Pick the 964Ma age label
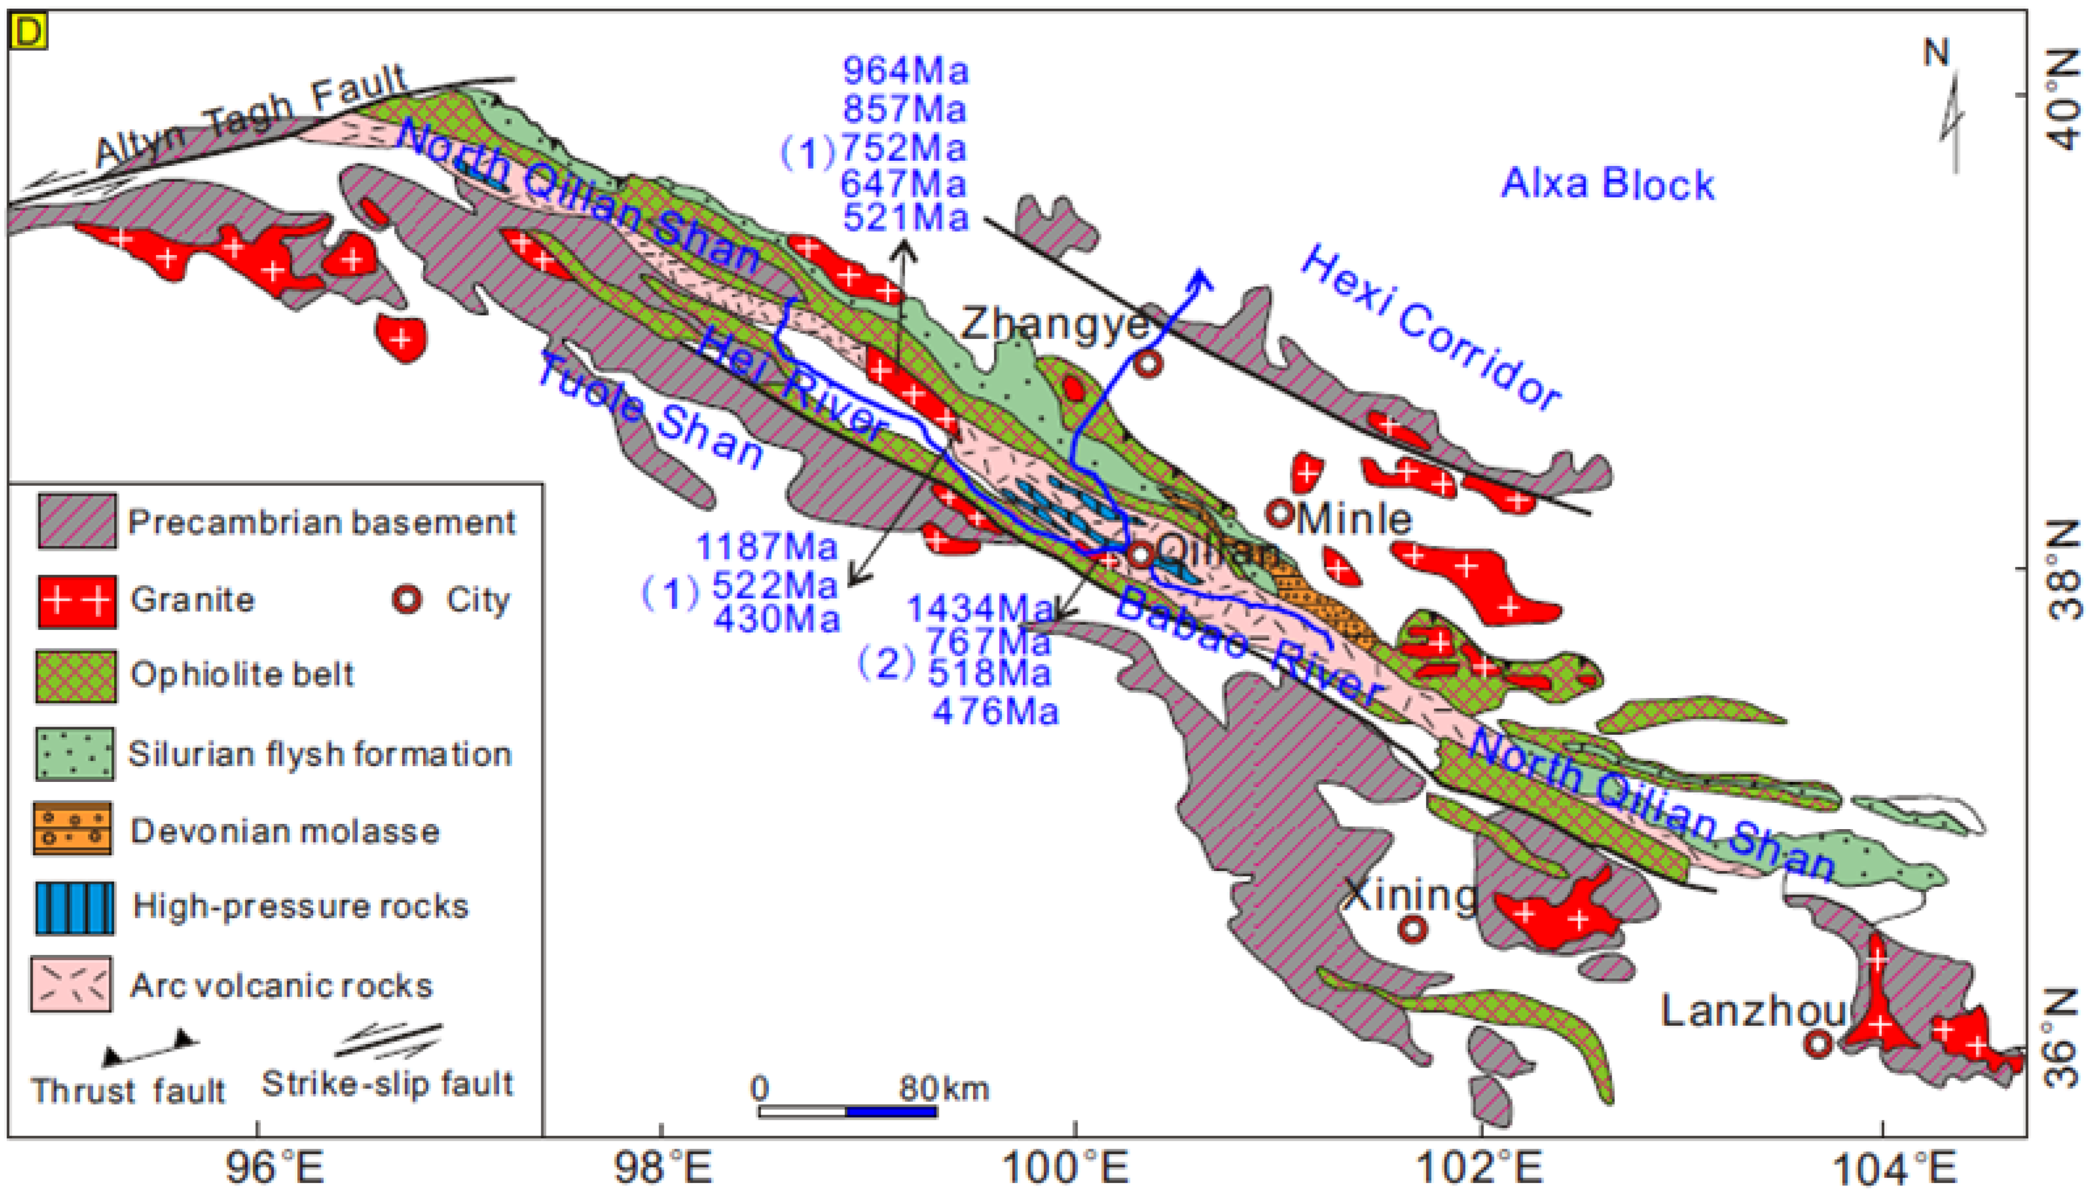905,71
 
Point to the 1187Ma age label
766,547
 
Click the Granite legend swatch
76,601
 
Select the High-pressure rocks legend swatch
74,908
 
